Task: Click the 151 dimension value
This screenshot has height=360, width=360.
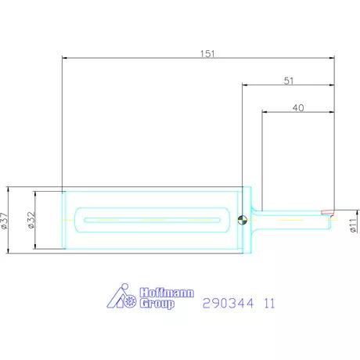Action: (207, 54)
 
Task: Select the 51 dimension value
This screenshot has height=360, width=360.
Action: (289, 81)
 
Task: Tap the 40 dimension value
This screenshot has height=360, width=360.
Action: (298, 108)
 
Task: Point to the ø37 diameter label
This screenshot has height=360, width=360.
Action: (5, 221)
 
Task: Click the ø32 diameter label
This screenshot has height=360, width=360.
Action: (31, 220)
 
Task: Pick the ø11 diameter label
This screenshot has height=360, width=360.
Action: (353, 225)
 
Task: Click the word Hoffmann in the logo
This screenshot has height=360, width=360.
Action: (167, 293)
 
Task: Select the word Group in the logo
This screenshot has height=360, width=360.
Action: (157, 304)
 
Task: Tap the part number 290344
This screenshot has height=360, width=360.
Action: (228, 304)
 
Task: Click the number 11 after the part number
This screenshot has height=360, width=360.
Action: (269, 304)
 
